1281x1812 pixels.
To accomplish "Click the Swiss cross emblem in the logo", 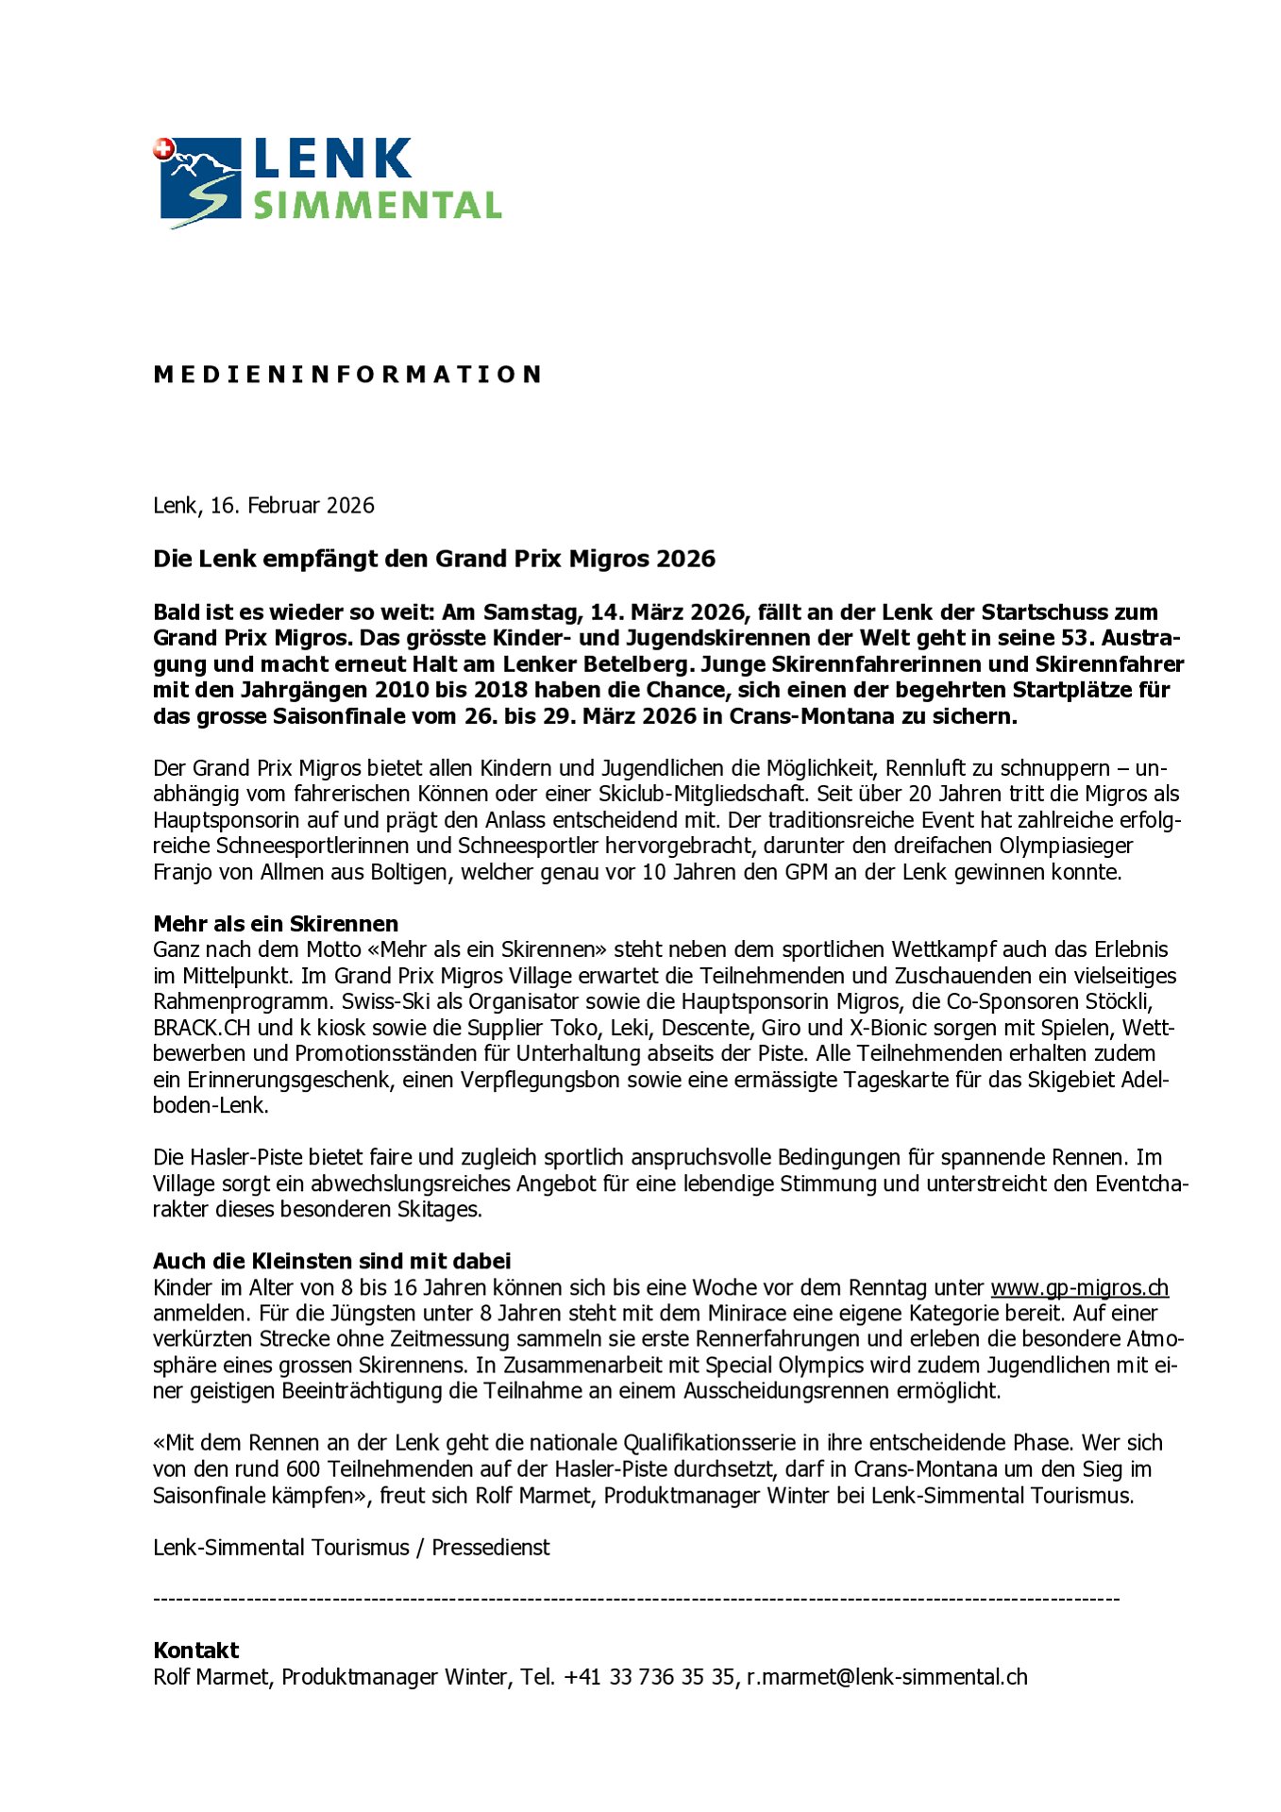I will tap(163, 149).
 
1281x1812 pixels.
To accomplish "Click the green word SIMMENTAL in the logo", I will tap(377, 205).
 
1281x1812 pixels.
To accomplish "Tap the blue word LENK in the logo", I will tap(332, 159).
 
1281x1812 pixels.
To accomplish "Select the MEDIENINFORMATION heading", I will tap(347, 375).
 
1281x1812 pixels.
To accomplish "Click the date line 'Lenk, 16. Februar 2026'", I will tap(263, 506).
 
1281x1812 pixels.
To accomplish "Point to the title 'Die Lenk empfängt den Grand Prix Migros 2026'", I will tap(434, 559).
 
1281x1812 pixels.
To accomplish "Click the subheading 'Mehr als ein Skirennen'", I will tap(276, 924).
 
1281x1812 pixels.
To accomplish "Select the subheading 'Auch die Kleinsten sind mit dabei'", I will tap(331, 1261).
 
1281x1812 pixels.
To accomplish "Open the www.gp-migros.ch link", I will tap(1079, 1287).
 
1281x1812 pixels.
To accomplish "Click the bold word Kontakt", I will tap(196, 1651).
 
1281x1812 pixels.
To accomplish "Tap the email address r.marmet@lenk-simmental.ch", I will tap(886, 1677).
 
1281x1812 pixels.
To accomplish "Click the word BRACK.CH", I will tap(201, 1028).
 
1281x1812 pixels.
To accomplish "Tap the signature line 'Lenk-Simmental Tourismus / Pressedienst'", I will tap(351, 1548).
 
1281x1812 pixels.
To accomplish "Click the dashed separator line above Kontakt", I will tap(636, 1600).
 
